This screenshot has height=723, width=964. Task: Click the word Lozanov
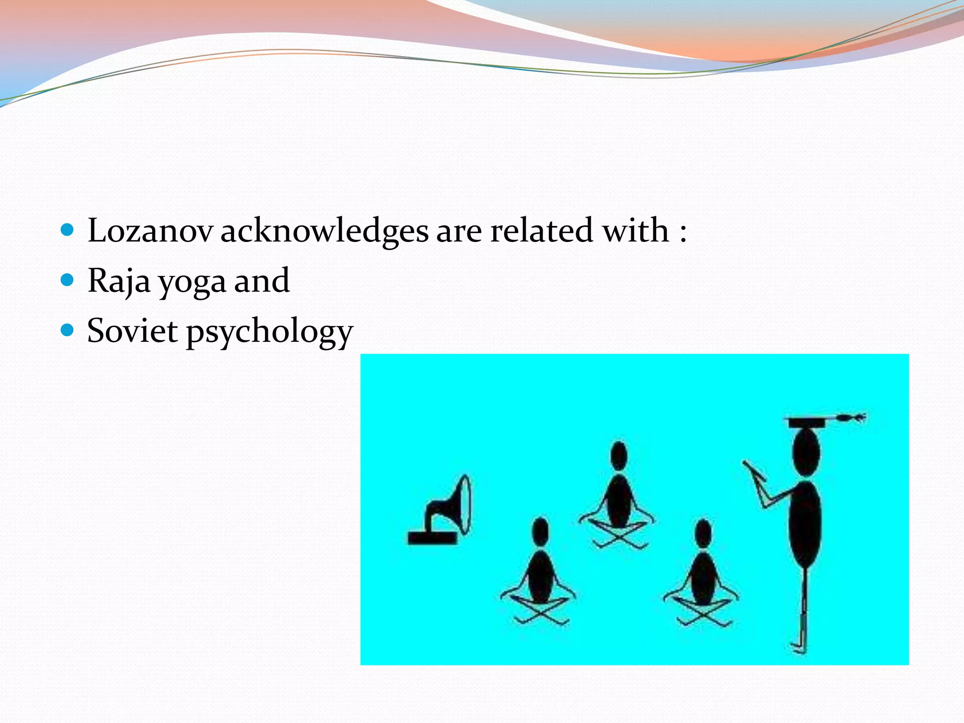click(x=150, y=231)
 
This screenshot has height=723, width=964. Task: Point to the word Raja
click(x=119, y=281)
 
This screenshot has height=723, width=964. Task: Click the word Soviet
click(x=133, y=330)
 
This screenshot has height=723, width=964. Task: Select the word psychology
click(x=269, y=332)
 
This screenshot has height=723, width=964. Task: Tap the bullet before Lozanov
click(x=68, y=230)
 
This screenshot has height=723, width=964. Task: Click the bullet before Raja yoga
click(x=68, y=281)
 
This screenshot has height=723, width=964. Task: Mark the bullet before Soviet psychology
click(x=68, y=330)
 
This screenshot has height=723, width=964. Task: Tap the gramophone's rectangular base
click(x=432, y=538)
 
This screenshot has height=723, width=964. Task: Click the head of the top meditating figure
click(x=619, y=456)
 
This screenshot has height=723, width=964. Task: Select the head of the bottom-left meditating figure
click(x=540, y=532)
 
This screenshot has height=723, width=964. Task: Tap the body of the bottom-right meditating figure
click(x=703, y=579)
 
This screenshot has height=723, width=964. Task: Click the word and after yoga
click(x=262, y=281)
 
